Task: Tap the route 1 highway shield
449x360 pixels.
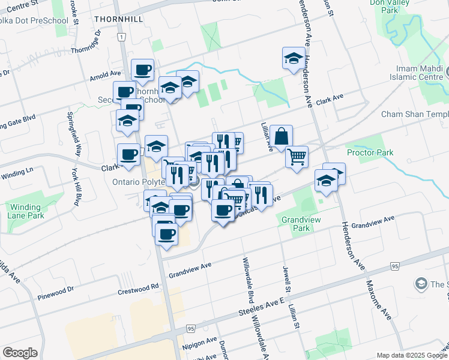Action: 122,37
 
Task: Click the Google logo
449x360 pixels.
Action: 20,353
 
